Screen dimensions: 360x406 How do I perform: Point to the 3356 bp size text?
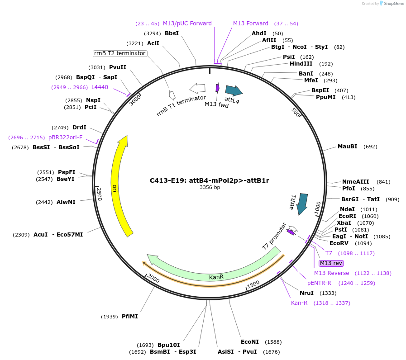(210, 188)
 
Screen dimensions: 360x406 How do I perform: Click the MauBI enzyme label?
(347, 147)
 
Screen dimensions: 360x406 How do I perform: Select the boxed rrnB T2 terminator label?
(120, 53)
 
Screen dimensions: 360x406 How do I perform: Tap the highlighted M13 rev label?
(331, 263)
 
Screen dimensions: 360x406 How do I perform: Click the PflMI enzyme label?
(130, 317)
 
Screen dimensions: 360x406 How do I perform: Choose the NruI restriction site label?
(306, 293)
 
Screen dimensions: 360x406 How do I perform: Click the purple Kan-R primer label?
(299, 303)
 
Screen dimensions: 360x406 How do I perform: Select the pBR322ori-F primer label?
(66, 137)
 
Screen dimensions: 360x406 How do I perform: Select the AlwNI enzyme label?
(66, 202)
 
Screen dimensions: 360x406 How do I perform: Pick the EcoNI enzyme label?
(250, 342)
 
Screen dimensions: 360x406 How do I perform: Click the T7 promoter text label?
(274, 236)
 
